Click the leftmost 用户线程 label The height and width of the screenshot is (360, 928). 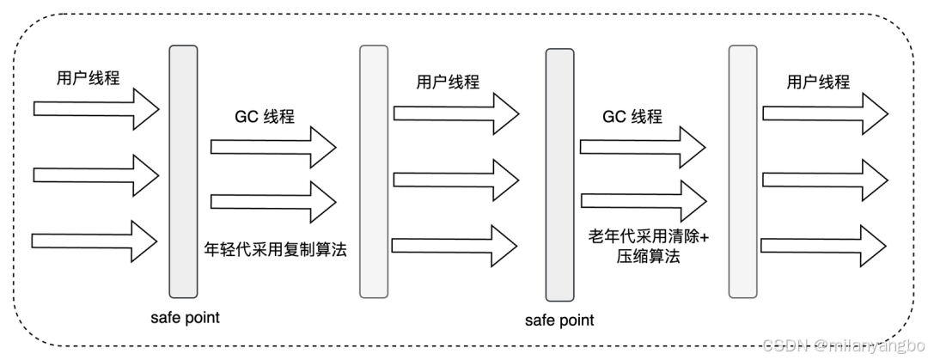click(83, 77)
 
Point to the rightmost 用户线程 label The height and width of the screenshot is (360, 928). click(817, 82)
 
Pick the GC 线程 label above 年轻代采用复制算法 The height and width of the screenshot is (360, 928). click(264, 117)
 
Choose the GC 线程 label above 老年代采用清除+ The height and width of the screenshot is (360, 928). click(632, 117)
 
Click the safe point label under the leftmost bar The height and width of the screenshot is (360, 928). click(184, 317)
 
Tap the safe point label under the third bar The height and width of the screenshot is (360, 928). click(559, 320)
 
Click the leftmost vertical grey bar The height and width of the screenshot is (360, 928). click(183, 171)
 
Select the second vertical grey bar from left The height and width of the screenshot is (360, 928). click(372, 171)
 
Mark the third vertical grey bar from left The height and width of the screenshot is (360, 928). click(559, 175)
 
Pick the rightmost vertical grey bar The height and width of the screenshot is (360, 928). click(742, 171)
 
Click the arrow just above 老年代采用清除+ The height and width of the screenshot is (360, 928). click(644, 201)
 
